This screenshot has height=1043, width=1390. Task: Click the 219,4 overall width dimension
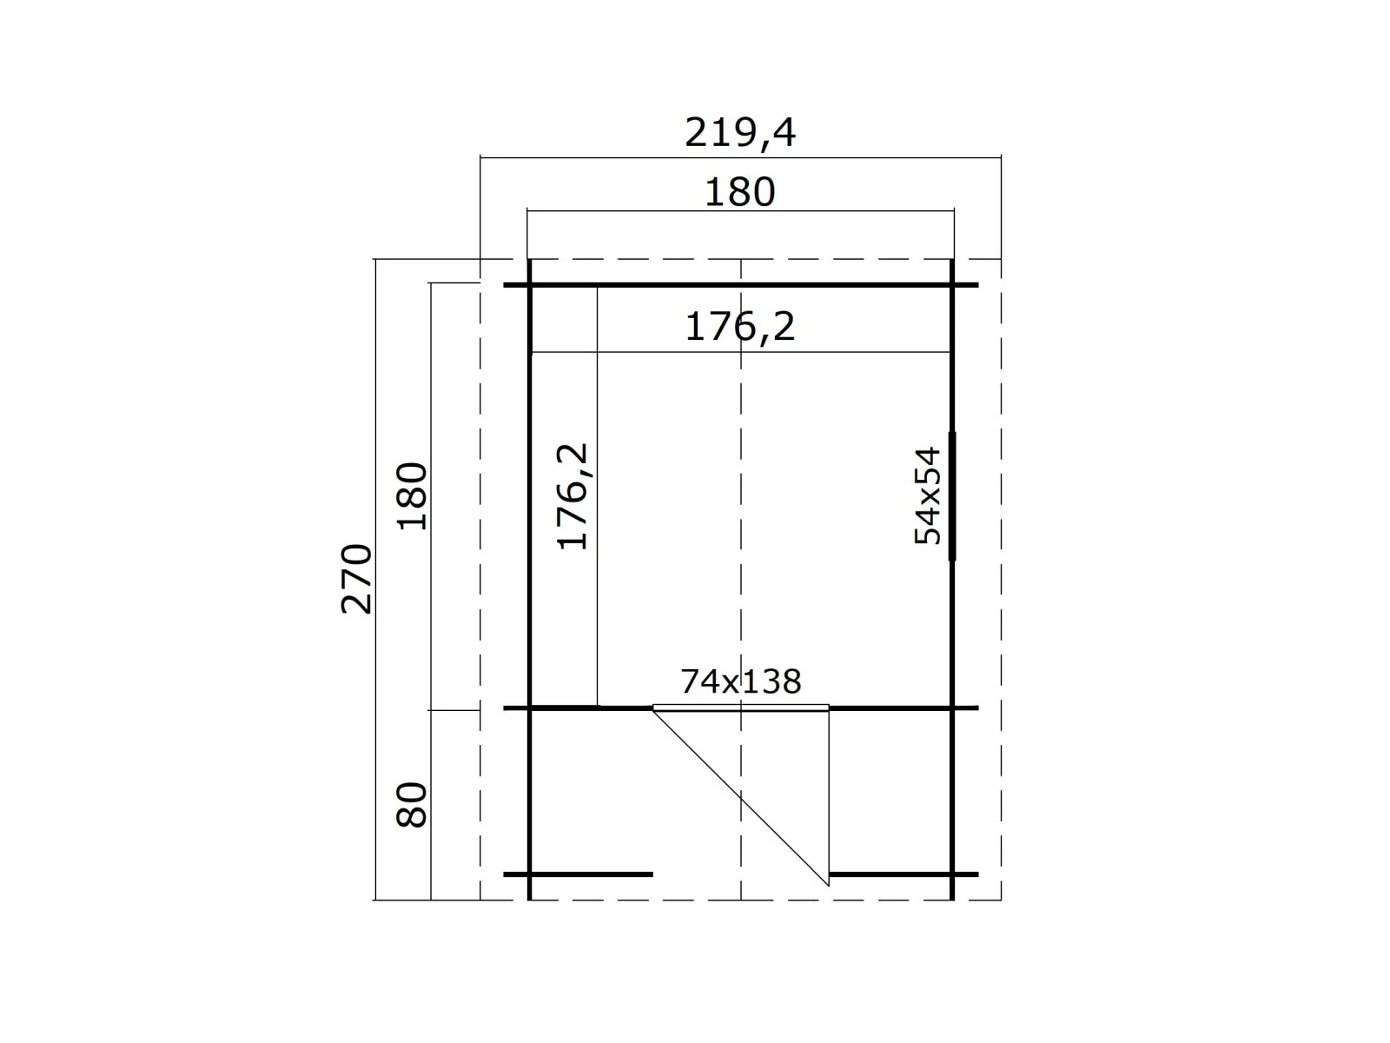[739, 132]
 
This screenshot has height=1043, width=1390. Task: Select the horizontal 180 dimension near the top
[739, 192]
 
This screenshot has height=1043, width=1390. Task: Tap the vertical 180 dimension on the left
[413, 495]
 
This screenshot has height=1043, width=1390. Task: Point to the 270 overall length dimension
[356, 578]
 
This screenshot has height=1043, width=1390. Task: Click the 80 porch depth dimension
[413, 804]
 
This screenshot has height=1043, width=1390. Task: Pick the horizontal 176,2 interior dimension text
[739, 327]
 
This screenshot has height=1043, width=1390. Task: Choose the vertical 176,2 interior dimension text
[573, 495]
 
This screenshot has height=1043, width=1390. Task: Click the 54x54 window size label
[928, 495]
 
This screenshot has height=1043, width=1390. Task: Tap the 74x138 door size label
[741, 681]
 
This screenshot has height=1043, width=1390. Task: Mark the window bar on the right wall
[952, 495]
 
